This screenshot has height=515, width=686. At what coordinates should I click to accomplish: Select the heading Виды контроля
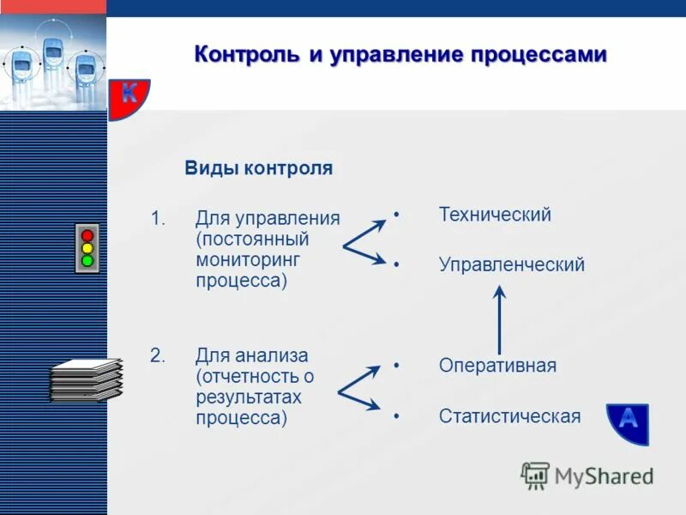coord(258,168)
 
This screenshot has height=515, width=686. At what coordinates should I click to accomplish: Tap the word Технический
coord(495,215)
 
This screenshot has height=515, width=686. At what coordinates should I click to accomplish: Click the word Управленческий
coord(512,264)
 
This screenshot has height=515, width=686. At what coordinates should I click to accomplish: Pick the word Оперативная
coord(497,365)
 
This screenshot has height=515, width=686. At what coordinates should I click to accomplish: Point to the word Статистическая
coord(509,416)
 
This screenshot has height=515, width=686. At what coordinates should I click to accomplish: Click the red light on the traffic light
coord(87,235)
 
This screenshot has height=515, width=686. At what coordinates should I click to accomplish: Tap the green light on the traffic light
coord(87,260)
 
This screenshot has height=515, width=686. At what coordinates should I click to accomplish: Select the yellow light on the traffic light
coord(87,248)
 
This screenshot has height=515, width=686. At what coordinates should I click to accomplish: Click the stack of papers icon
coord(86,380)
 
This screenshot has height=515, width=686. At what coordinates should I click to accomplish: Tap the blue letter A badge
coord(628,421)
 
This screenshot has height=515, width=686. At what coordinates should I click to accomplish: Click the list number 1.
coord(157,218)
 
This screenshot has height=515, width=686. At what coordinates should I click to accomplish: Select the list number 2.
coord(157,355)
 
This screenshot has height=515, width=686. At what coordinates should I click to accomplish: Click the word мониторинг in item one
coord(248,259)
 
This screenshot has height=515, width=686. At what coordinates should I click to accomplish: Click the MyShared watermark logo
coord(587,475)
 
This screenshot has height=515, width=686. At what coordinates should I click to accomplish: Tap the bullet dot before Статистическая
coord(397,416)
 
